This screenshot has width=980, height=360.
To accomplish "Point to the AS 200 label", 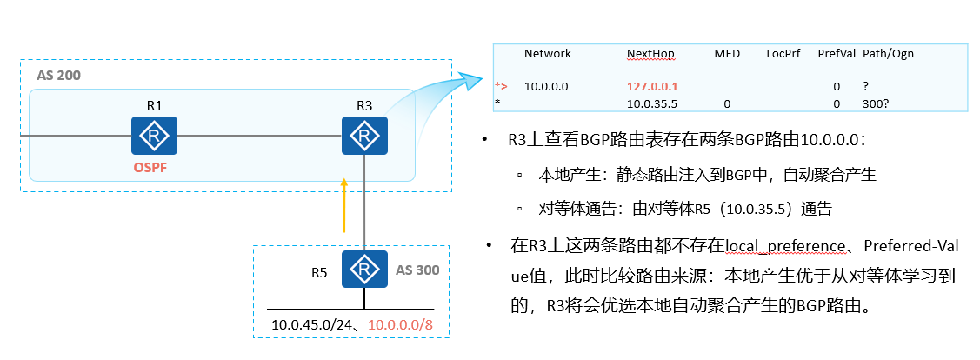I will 58,76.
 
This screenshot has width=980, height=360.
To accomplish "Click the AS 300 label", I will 417,270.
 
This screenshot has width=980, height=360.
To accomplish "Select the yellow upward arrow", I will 344,205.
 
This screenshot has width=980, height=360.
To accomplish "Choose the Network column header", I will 548,54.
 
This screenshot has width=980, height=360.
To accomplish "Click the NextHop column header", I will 650,54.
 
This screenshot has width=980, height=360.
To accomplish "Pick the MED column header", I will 727,54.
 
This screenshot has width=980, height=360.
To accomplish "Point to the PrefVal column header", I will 836,54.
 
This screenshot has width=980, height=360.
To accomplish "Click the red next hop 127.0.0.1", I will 652,87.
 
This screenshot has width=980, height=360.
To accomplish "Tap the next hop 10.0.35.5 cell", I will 651,103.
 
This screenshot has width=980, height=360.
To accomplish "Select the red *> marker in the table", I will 501,87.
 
